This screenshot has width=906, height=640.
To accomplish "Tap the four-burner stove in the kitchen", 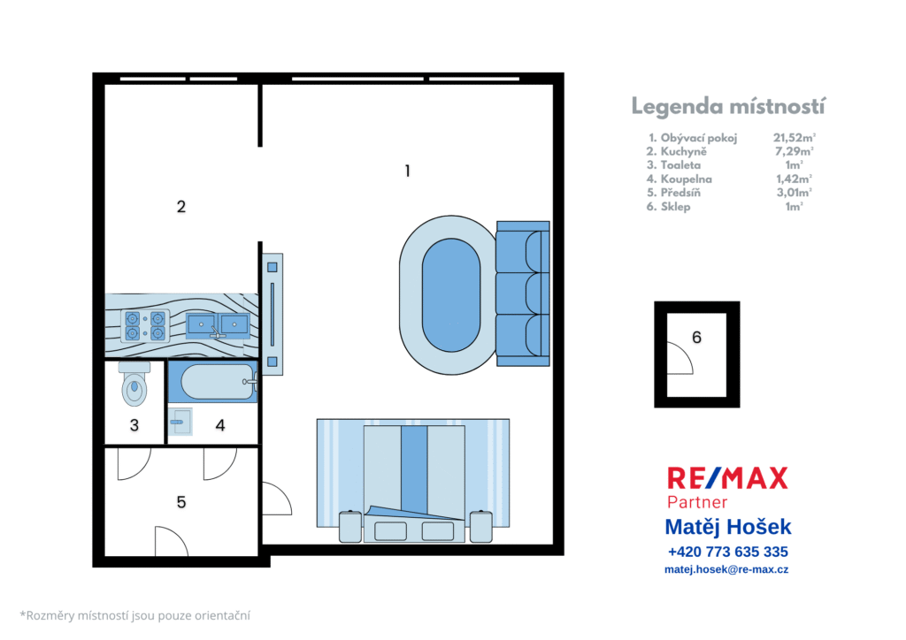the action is click(145, 326).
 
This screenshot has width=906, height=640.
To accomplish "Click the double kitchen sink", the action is click(218, 326).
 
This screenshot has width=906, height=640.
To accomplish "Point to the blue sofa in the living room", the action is click(523, 293).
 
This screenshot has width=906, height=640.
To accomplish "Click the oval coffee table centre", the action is click(451, 295).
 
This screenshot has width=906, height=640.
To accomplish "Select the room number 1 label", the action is click(407, 171).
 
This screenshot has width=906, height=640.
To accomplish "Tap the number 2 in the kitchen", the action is click(180, 207).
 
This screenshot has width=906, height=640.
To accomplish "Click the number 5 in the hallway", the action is click(180, 502).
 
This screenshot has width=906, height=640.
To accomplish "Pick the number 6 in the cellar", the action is click(696, 337).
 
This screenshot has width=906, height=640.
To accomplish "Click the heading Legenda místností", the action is click(728, 107).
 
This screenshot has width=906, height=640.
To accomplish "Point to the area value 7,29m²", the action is click(794, 151).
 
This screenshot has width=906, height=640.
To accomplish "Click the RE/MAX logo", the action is click(727, 479).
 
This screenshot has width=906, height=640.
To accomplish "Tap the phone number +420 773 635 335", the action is click(727, 552).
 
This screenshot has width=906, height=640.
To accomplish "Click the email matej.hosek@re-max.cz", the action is click(726, 569).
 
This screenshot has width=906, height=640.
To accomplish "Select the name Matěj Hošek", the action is click(728, 527).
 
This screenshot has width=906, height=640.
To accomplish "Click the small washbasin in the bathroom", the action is click(180, 422).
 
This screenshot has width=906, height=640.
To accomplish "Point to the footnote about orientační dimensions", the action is click(135, 616).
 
